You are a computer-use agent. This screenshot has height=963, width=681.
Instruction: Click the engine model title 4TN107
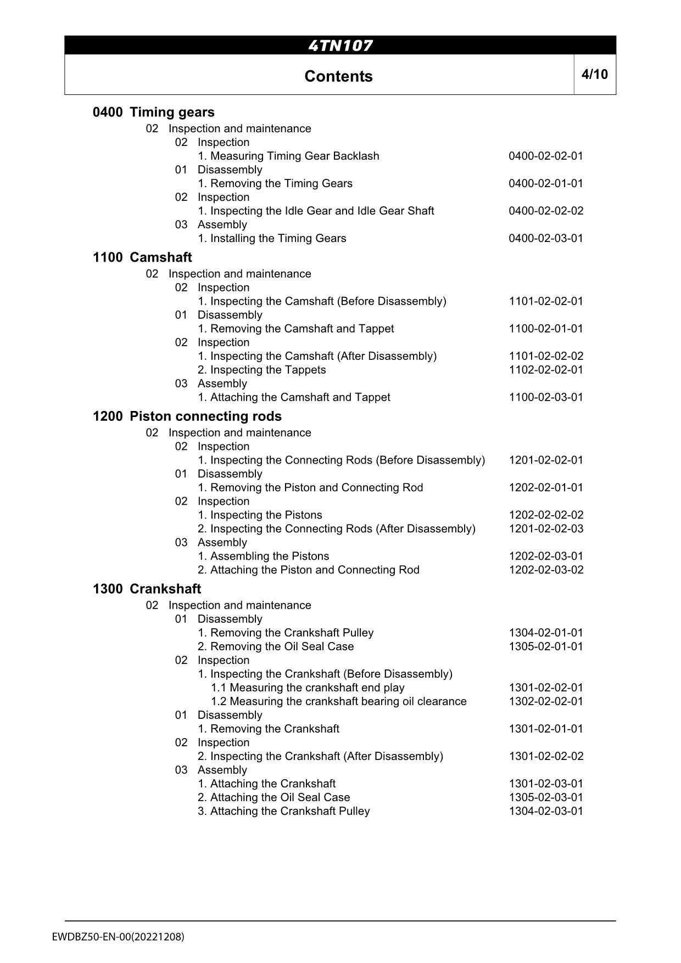(340, 46)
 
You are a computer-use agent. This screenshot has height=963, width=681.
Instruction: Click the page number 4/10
(595, 74)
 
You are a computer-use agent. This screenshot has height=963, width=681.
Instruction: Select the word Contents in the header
(338, 76)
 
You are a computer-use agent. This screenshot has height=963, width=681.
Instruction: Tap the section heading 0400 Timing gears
(154, 112)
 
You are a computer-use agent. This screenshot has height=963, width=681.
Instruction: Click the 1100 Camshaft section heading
(142, 257)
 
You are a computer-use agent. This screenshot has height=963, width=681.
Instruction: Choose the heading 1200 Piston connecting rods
(187, 416)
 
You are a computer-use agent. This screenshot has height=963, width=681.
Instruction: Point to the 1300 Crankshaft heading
(147, 589)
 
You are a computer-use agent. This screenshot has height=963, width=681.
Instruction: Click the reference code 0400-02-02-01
(546, 156)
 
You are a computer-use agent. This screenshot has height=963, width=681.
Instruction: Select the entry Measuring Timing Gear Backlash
(288, 156)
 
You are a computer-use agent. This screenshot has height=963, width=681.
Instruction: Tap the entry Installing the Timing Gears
(272, 238)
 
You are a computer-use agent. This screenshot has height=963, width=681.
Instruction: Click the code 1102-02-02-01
(546, 370)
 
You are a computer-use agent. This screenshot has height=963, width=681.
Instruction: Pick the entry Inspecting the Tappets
(261, 370)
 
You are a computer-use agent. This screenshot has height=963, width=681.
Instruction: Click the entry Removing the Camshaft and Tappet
(295, 329)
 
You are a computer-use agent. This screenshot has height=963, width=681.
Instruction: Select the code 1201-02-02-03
(546, 529)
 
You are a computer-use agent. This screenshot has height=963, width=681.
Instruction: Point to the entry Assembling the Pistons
(263, 556)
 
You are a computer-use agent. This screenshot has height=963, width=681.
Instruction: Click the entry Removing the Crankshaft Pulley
(286, 633)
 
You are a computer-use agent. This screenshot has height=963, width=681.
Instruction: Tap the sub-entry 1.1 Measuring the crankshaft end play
(308, 688)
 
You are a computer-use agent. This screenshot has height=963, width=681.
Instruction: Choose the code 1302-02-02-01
(546, 701)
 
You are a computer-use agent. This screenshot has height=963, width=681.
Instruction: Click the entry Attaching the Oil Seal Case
(273, 797)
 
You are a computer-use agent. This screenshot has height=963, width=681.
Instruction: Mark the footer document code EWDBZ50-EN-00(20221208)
(119, 937)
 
